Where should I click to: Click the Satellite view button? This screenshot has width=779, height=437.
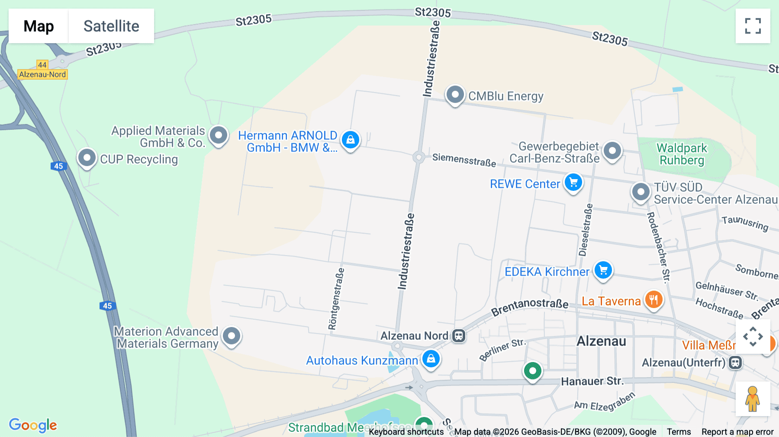(111, 26)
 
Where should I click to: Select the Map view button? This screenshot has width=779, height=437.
(39, 26)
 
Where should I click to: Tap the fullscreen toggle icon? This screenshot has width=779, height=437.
(753, 26)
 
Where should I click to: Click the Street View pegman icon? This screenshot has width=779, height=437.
(753, 398)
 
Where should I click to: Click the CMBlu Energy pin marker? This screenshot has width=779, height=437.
(455, 94)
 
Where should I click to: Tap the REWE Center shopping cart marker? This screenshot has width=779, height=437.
(573, 183)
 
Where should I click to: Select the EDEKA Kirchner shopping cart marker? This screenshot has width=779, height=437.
(603, 270)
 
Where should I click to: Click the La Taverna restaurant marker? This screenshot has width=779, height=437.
(653, 299)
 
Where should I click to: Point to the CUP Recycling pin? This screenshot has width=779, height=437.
(87, 158)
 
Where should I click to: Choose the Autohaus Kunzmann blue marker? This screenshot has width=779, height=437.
(431, 359)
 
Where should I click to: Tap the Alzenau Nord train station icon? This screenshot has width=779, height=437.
(459, 336)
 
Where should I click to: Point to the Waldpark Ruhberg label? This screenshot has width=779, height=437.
(682, 154)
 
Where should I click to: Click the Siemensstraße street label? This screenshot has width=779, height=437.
(464, 160)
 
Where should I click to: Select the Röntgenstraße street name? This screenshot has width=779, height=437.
(336, 299)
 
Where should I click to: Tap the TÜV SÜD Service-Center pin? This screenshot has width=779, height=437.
(641, 192)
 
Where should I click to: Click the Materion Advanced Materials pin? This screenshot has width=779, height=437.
(232, 336)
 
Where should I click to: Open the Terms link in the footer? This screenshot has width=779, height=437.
(679, 431)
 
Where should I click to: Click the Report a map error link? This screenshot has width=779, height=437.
(737, 431)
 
